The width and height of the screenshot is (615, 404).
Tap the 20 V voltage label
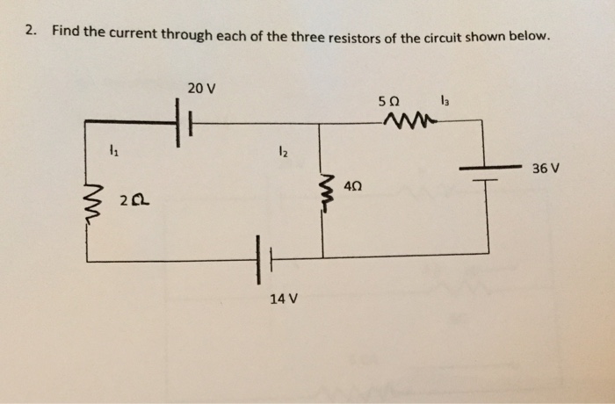[201, 89]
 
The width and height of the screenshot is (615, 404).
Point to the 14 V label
[284, 299]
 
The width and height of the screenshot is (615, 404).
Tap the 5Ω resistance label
[389, 101]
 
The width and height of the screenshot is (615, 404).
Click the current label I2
[280, 151]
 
